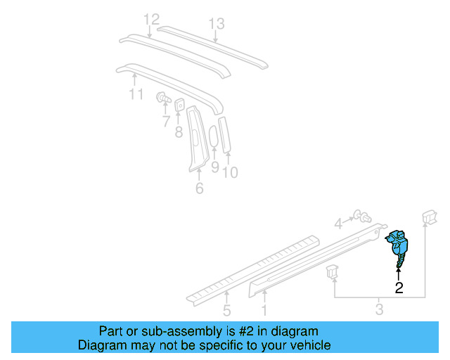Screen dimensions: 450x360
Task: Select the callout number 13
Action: tap(217, 25)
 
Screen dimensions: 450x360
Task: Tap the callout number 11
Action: tap(136, 94)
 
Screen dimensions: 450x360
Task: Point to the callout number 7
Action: tap(166, 122)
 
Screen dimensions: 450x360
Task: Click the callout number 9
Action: tap(215, 169)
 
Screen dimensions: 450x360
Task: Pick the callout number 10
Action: tap(230, 171)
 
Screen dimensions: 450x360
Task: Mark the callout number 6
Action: tap(199, 188)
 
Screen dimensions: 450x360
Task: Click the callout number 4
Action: tap(338, 224)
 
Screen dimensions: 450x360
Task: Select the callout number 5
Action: tap(226, 310)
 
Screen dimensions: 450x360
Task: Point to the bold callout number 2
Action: tap(399, 287)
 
